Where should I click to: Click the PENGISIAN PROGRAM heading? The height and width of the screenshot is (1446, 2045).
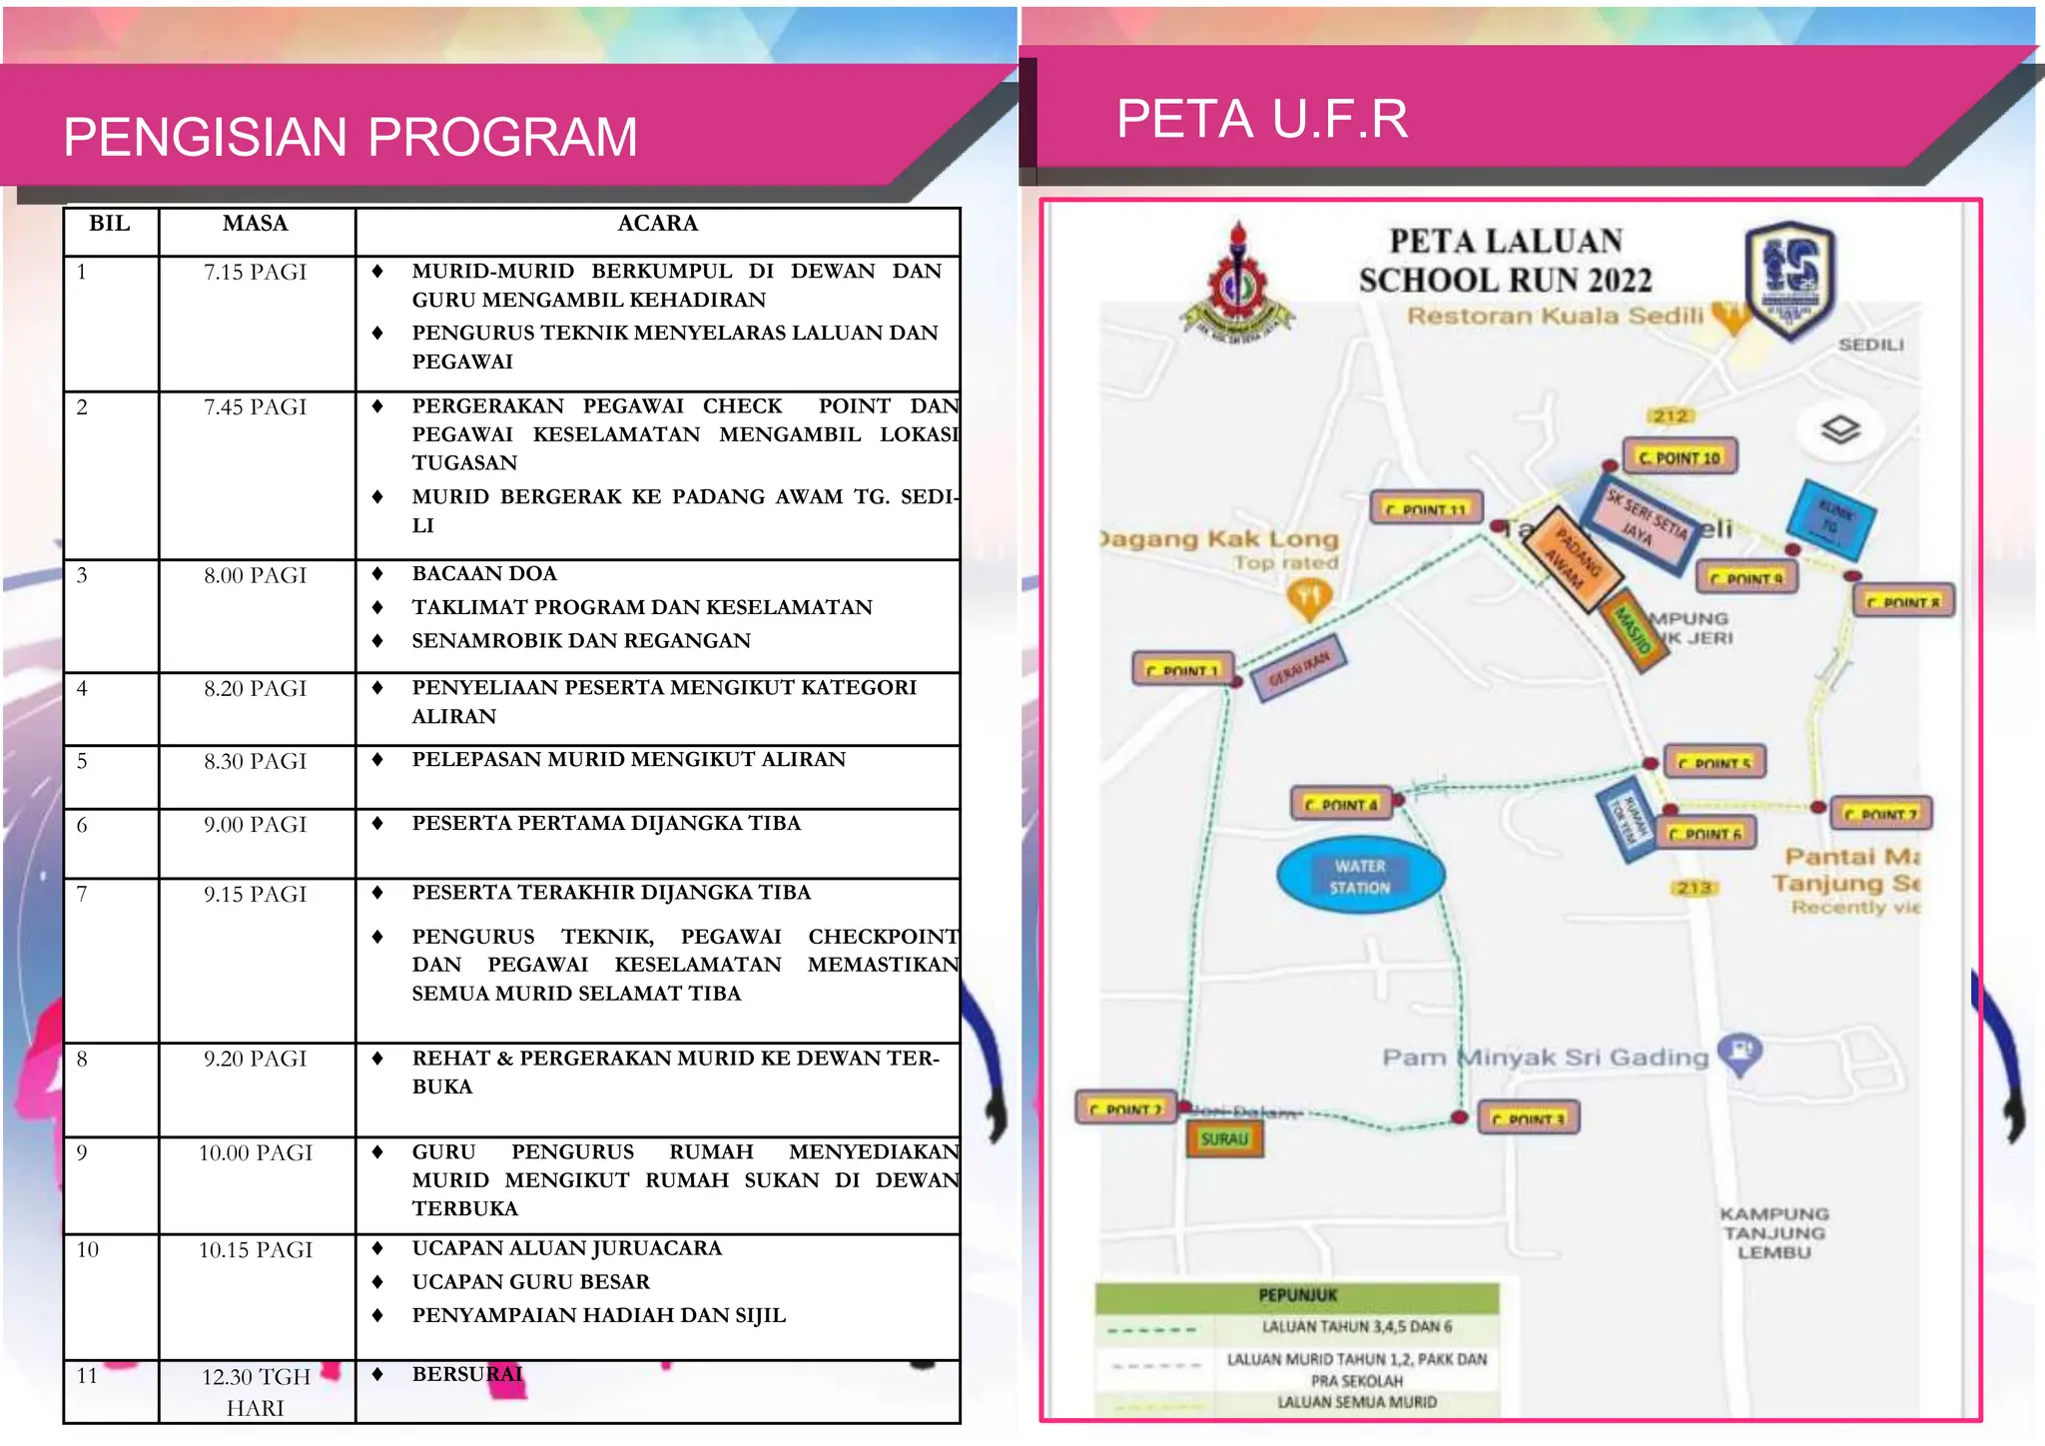tap(349, 137)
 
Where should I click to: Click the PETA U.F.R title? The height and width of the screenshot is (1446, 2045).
tap(1261, 119)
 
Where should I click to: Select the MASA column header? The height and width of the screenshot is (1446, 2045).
tap(256, 224)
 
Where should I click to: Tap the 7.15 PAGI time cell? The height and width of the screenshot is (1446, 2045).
tap(256, 273)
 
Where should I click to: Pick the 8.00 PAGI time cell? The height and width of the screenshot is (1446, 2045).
tap(256, 576)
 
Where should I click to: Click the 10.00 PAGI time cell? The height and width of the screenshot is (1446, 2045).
tap(256, 1153)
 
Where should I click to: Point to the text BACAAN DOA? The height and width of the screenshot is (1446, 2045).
tap(484, 574)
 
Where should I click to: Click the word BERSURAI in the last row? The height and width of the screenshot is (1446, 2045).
tap(467, 1374)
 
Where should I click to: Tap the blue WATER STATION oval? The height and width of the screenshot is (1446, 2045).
tap(1360, 877)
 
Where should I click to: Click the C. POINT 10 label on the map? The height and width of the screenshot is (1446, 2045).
tap(1680, 457)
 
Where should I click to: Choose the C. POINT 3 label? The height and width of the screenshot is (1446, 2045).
tap(1528, 1119)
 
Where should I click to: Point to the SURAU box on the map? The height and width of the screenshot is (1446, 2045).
tap(1224, 1139)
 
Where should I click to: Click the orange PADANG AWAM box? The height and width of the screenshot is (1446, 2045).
tap(1572, 559)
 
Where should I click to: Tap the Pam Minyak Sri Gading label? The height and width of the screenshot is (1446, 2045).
tap(1545, 1058)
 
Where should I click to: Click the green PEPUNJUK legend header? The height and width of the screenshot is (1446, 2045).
tap(1297, 1295)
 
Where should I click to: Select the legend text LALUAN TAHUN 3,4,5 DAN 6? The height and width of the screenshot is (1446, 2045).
tap(1356, 1327)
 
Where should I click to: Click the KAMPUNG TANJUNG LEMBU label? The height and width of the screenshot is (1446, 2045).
tap(1773, 1233)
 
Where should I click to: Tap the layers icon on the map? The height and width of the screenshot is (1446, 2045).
tap(1840, 430)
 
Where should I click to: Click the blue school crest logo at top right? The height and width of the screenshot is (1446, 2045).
tap(1789, 280)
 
